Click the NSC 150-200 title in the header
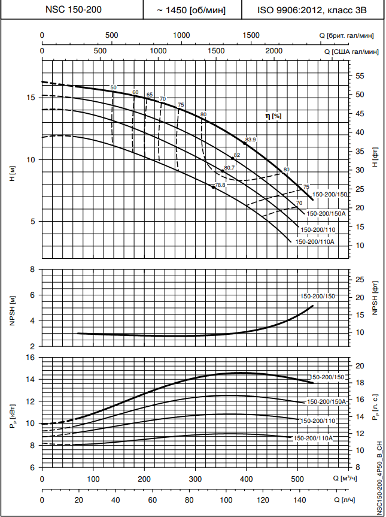(x=71, y=10)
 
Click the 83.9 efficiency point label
(x=251, y=140)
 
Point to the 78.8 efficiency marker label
(x=220, y=186)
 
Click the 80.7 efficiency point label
(x=229, y=168)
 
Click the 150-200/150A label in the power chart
(x=327, y=402)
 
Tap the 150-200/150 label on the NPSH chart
(x=318, y=297)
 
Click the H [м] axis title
(x=13, y=175)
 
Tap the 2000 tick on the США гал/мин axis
(x=273, y=52)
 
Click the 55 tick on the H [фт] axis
(x=360, y=76)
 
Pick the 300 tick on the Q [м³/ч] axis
(x=195, y=479)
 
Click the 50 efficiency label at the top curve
(x=114, y=88)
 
